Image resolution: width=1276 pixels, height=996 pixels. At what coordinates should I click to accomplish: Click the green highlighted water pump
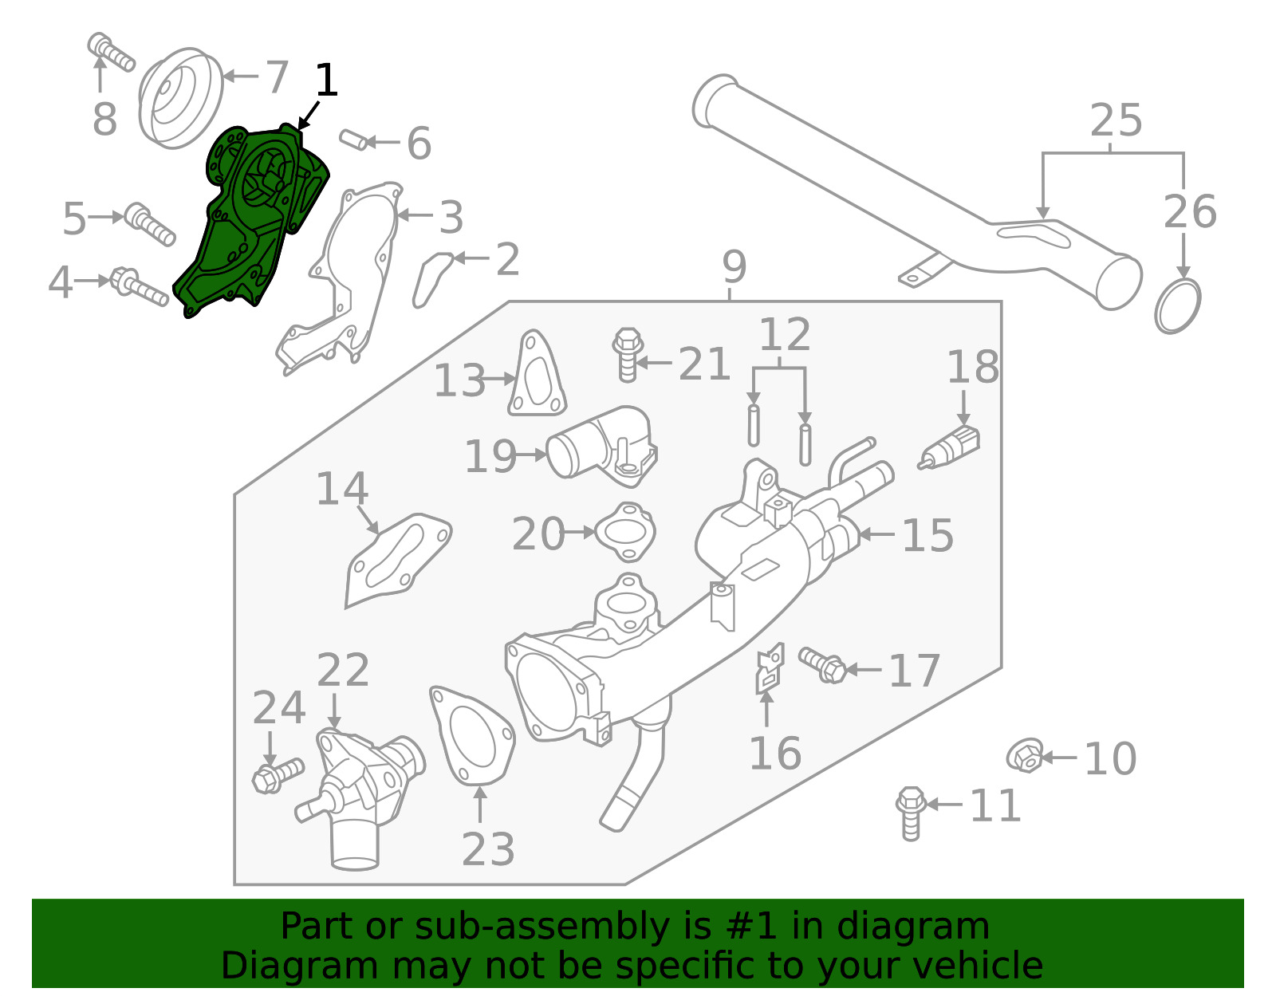click(239, 231)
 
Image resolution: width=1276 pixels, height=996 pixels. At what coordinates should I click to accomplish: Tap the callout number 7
click(276, 77)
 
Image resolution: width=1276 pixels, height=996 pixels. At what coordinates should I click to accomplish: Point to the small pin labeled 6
click(354, 140)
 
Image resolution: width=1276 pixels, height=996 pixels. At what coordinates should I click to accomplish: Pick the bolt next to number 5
click(151, 223)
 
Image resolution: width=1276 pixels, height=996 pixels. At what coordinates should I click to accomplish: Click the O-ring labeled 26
click(1177, 305)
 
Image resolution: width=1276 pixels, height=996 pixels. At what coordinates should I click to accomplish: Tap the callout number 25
click(1116, 121)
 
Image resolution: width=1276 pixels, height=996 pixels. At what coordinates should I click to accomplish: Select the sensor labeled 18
click(951, 448)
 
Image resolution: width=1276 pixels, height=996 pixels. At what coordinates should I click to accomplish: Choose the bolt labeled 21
click(628, 355)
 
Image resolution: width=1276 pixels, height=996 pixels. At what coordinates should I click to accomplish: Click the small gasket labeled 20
click(626, 531)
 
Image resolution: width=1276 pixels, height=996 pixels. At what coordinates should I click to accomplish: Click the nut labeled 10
click(1025, 755)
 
